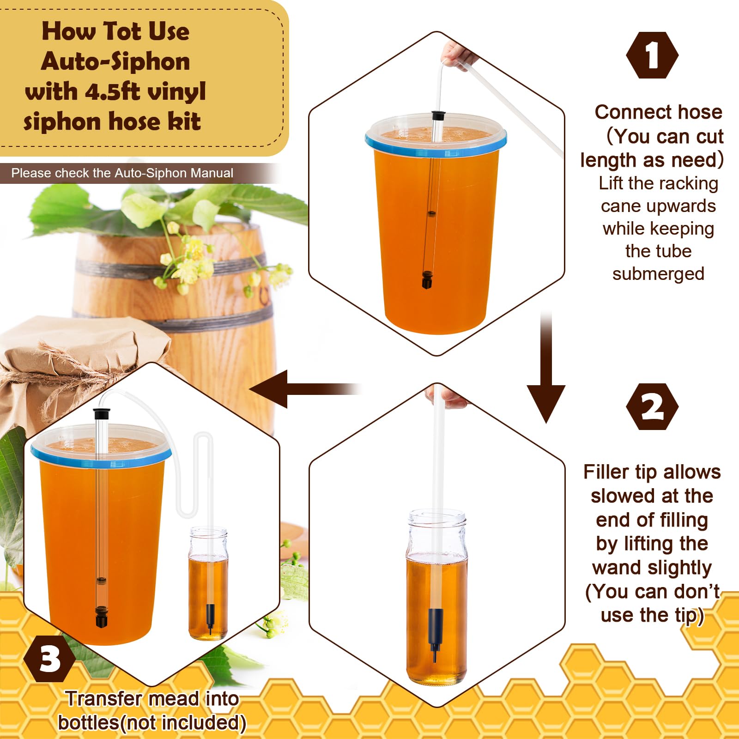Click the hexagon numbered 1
tap(652, 55)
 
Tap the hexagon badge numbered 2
tap(652, 407)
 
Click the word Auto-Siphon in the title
tap(115, 62)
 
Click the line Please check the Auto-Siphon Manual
tap(122, 173)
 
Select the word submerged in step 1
tap(658, 274)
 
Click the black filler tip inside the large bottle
tap(435, 633)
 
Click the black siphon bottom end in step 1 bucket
tap(427, 280)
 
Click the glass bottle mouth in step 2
tap(436, 517)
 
